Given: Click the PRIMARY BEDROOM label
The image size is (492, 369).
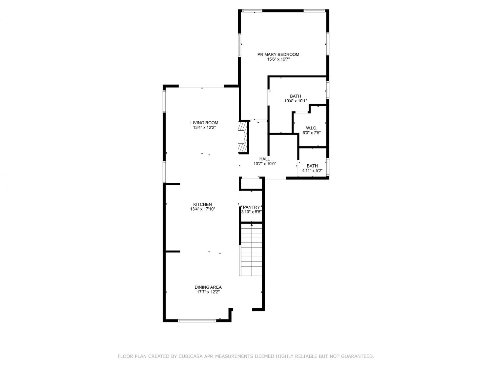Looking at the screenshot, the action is (278, 54).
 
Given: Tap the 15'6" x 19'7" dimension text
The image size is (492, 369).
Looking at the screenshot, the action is (278, 59).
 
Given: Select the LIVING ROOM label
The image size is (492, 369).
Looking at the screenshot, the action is (204, 123).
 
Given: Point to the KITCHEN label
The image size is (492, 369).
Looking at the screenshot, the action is (202, 204).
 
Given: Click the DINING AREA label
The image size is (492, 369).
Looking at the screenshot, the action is (208, 287).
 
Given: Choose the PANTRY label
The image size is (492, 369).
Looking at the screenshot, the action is (252, 207).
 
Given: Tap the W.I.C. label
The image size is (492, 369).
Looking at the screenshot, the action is (312, 128).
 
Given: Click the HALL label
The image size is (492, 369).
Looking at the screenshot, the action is (264, 159).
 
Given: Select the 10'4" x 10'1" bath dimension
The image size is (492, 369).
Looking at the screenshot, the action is (296, 101).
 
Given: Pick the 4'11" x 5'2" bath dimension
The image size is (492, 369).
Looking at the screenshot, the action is (312, 171).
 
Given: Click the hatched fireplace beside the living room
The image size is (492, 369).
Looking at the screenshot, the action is (243, 137).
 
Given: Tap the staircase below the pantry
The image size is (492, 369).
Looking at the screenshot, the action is (251, 249).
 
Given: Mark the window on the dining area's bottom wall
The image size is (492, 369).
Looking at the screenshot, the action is (197, 320).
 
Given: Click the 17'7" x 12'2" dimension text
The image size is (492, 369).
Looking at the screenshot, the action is (208, 292).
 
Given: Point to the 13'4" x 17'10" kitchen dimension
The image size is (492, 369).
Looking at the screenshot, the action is (203, 209).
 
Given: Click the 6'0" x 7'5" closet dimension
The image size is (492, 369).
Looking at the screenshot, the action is (312, 133).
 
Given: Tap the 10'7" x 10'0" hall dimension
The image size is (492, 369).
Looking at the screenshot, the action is (265, 164).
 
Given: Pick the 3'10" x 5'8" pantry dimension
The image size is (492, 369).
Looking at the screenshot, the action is (252, 212).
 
